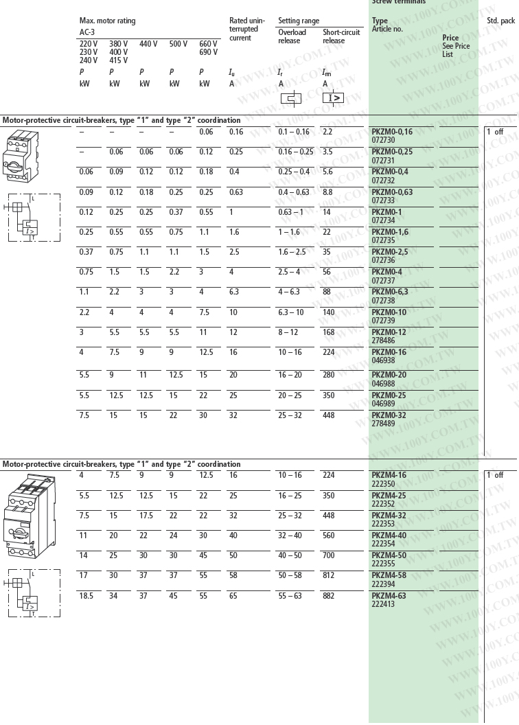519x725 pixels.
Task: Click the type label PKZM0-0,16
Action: pos(392,131)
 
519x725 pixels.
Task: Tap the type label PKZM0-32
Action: pos(389,415)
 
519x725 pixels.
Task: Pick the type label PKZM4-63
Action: pos(389,596)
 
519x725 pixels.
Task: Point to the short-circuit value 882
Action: pos(328,596)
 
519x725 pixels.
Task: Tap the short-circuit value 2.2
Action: pos(327,131)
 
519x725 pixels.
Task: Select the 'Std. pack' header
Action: pos(500,21)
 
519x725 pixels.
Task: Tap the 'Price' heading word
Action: pos(450,38)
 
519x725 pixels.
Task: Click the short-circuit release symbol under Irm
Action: pos(334,98)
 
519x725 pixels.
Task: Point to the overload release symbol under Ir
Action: pos(292,98)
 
